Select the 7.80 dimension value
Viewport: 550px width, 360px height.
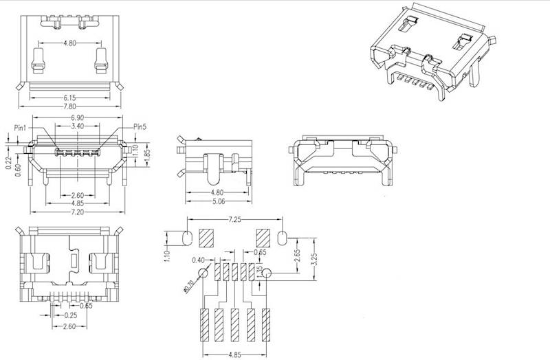tap(69, 107)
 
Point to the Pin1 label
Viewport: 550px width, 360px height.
tap(20, 128)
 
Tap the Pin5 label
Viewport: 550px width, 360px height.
tap(140, 127)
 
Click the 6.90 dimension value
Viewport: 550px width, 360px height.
tap(78, 119)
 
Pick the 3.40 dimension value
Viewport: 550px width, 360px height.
tap(78, 127)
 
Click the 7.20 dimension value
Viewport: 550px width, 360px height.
tap(78, 212)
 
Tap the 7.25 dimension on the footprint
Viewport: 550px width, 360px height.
tap(235, 219)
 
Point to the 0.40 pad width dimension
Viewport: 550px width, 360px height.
tap(199, 259)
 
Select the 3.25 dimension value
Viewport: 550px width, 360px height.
tap(315, 261)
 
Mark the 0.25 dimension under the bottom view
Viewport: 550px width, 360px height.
tap(69, 315)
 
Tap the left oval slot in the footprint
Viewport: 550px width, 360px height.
tap(188, 239)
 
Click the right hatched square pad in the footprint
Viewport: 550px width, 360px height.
tap(263, 238)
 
